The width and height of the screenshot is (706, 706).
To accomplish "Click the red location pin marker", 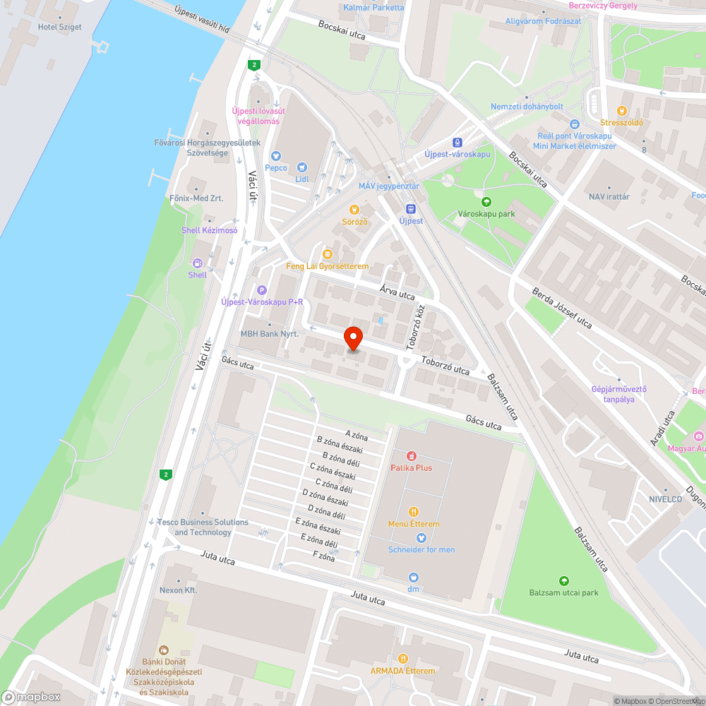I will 352,339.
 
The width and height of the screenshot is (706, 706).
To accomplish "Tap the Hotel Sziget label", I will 59,27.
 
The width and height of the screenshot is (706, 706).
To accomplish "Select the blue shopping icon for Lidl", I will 302,167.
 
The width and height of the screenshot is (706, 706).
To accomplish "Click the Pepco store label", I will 276,168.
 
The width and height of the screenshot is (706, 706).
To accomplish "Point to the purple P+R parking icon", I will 262,289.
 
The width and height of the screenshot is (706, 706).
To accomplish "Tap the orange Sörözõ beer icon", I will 354,210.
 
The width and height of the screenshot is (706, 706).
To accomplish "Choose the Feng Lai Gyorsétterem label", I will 327,266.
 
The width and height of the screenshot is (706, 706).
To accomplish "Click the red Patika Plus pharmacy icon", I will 411,455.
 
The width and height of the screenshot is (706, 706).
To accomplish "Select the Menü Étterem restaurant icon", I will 414,512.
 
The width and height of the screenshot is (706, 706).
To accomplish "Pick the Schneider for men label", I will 421,549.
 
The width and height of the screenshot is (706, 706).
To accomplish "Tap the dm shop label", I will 413,588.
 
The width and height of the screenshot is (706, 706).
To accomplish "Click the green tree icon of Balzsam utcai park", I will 563,580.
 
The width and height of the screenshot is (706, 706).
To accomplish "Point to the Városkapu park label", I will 486,213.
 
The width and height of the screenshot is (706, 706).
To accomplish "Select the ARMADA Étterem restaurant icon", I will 403,659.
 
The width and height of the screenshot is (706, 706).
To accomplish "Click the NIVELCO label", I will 666,498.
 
